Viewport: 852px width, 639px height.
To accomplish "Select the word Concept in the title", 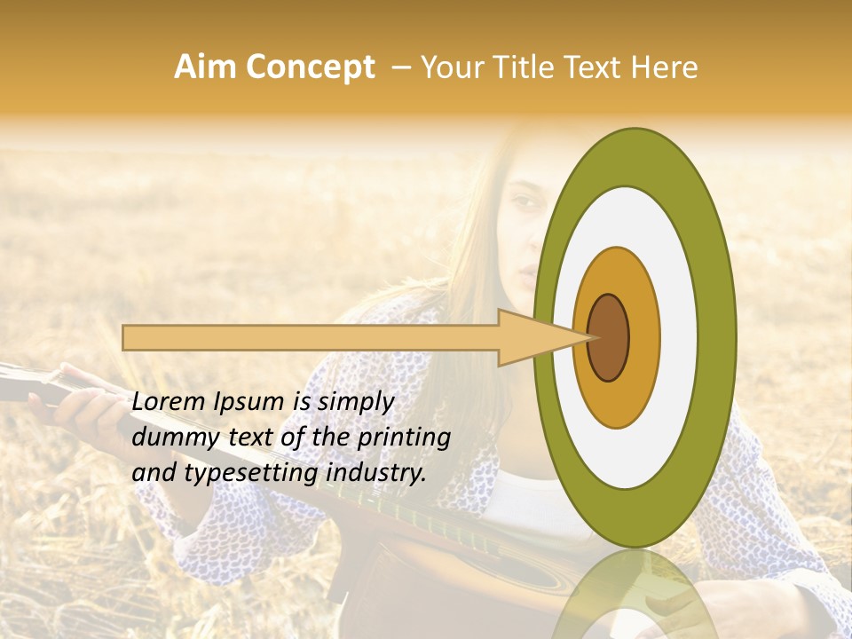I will [x=311, y=67].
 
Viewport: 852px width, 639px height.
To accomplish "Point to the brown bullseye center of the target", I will [x=609, y=337].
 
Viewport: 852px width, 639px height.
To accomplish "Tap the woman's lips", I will [x=527, y=271].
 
